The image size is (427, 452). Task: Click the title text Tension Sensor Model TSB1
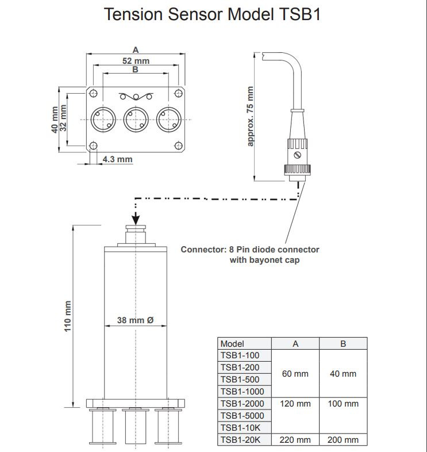coord(212,14)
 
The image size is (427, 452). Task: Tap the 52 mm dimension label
coord(136,61)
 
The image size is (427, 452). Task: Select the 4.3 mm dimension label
coord(118,159)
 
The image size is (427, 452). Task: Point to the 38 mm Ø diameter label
coord(135,320)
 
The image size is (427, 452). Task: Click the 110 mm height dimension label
coord(67,316)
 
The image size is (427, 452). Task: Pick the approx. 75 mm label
coord(250,116)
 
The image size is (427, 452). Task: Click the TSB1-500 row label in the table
coord(240,380)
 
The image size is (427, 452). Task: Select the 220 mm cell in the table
coord(295,440)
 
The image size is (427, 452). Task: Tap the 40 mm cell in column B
coord(343,374)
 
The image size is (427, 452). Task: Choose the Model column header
coord(232,344)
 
